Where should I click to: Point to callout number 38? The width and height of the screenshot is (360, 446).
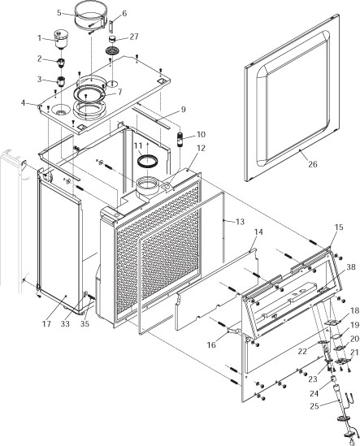351,266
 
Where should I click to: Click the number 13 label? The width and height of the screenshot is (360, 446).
239,222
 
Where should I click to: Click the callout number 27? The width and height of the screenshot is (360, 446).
134,37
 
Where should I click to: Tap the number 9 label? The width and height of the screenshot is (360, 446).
184,109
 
